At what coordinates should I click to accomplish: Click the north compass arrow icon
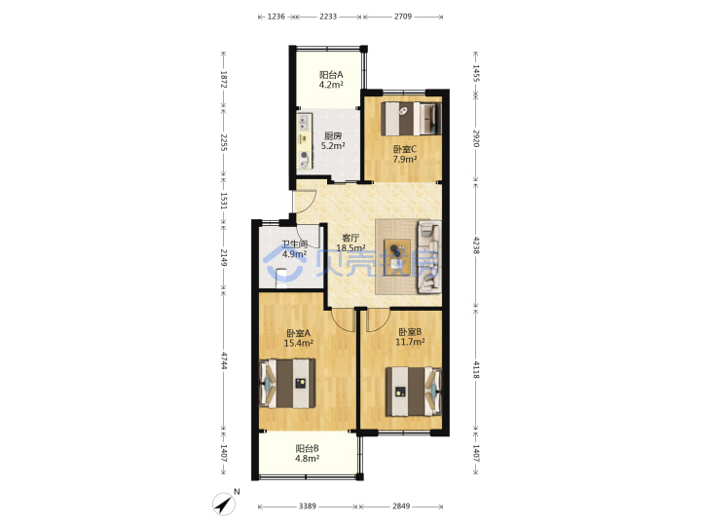pyautogui.click(x=224, y=504)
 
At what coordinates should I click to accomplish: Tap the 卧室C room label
pyautogui.click(x=405, y=149)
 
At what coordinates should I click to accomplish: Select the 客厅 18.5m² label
pyautogui.click(x=350, y=243)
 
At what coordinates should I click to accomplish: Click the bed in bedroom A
pyautogui.click(x=287, y=384)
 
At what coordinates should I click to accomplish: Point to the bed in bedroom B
pyautogui.click(x=414, y=392)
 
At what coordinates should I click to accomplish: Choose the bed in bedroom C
pyautogui.click(x=411, y=119)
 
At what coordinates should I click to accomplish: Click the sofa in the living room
pyautogui.click(x=429, y=257)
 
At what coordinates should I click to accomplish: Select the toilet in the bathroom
pyautogui.click(x=281, y=279)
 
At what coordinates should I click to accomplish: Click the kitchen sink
pyautogui.click(x=305, y=122)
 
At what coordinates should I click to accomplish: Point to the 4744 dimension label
pyautogui.click(x=224, y=361)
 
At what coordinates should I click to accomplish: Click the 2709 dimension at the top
pyautogui.click(x=403, y=17)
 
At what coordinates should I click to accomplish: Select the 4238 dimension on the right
pyautogui.click(x=476, y=245)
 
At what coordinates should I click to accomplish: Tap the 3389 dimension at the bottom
pyautogui.click(x=307, y=506)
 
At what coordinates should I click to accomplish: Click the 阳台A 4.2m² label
pyautogui.click(x=331, y=80)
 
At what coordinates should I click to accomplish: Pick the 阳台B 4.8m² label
pyautogui.click(x=307, y=453)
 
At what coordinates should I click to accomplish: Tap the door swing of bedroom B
pyautogui.click(x=378, y=320)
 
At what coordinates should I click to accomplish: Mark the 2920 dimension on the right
pyautogui.click(x=476, y=138)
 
